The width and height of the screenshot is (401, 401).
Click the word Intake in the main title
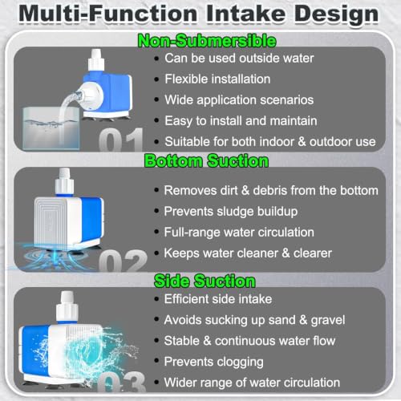(x=245, y=14)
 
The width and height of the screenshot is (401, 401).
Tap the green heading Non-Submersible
(x=207, y=41)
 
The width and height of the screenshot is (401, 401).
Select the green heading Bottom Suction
(x=206, y=161)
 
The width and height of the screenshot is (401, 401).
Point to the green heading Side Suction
(x=205, y=281)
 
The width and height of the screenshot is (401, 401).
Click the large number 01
(x=121, y=140)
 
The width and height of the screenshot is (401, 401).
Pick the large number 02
(x=123, y=261)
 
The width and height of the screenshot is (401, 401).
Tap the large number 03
(x=122, y=382)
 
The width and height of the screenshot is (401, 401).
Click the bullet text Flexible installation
(x=217, y=79)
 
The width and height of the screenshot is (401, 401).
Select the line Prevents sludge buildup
(x=231, y=212)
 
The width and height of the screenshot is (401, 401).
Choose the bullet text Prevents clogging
(x=214, y=362)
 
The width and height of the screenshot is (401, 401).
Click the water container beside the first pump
(x=51, y=128)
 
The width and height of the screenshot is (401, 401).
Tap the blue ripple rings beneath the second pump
(x=54, y=257)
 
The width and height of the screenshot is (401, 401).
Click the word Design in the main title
(x=336, y=14)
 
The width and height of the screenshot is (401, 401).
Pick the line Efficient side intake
(x=218, y=299)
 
